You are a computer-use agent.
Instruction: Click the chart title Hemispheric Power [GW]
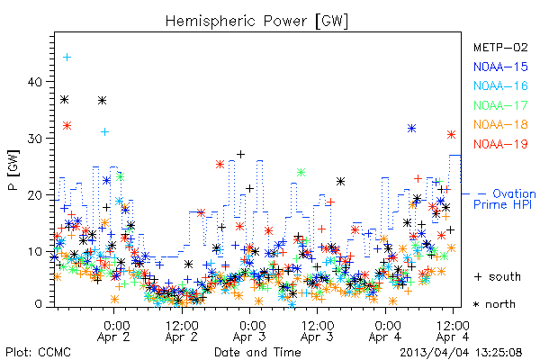coord(256,22)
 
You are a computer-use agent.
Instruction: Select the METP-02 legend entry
coord(500,47)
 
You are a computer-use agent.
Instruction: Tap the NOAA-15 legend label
coord(500,67)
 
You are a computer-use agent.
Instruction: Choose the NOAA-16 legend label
coord(500,85)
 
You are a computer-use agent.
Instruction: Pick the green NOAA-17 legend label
coord(500,105)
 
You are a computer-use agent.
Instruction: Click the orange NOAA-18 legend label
coord(500,124)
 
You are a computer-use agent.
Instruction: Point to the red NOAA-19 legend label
coord(500,144)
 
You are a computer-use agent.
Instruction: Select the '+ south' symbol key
coord(498,276)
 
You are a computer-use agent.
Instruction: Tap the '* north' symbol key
coord(494,304)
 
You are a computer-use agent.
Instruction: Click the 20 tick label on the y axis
coord(35,195)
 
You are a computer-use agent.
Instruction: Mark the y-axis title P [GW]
coord(13,170)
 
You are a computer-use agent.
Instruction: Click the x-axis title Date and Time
coord(257,353)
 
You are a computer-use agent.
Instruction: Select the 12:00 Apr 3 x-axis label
coord(317,331)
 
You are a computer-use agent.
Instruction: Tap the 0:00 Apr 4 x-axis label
coord(385,331)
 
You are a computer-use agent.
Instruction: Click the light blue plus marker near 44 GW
coord(67,58)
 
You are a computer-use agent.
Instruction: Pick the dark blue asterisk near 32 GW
coord(411,129)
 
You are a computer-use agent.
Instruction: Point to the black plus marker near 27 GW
coord(240,154)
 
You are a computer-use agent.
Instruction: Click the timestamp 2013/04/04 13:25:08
coord(461,353)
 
